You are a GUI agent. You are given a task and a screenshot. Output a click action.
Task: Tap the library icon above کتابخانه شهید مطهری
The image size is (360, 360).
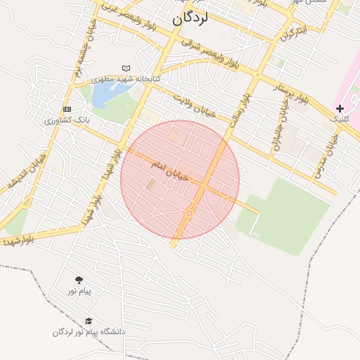coord(127,68)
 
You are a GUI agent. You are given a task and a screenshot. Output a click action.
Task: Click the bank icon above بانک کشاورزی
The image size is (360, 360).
coord(67,110)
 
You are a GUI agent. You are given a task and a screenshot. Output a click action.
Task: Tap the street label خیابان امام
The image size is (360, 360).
coord(169,171)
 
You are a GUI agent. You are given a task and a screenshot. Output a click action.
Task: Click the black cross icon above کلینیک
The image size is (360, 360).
coord(340,108)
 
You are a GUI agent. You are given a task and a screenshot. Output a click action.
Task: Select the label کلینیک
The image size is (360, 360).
coord(340,120)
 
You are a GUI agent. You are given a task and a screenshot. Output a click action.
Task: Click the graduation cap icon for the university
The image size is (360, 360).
coord(89,321)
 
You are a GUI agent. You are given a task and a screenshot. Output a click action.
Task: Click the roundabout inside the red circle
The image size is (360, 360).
coord(189,213)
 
